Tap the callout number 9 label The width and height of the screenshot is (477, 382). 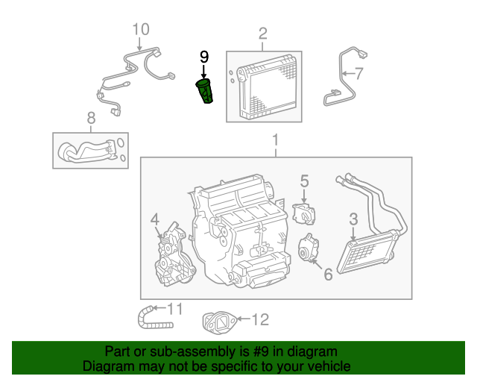[x=204, y=57]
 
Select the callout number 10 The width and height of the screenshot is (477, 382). [x=141, y=29]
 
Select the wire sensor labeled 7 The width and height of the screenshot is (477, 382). [x=340, y=78]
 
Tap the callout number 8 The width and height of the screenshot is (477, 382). [x=91, y=117]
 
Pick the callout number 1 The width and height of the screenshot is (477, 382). [x=275, y=140]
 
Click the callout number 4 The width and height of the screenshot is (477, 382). [x=155, y=219]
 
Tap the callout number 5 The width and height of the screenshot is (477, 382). [x=304, y=180]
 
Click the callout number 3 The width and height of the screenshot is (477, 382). [x=353, y=219]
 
